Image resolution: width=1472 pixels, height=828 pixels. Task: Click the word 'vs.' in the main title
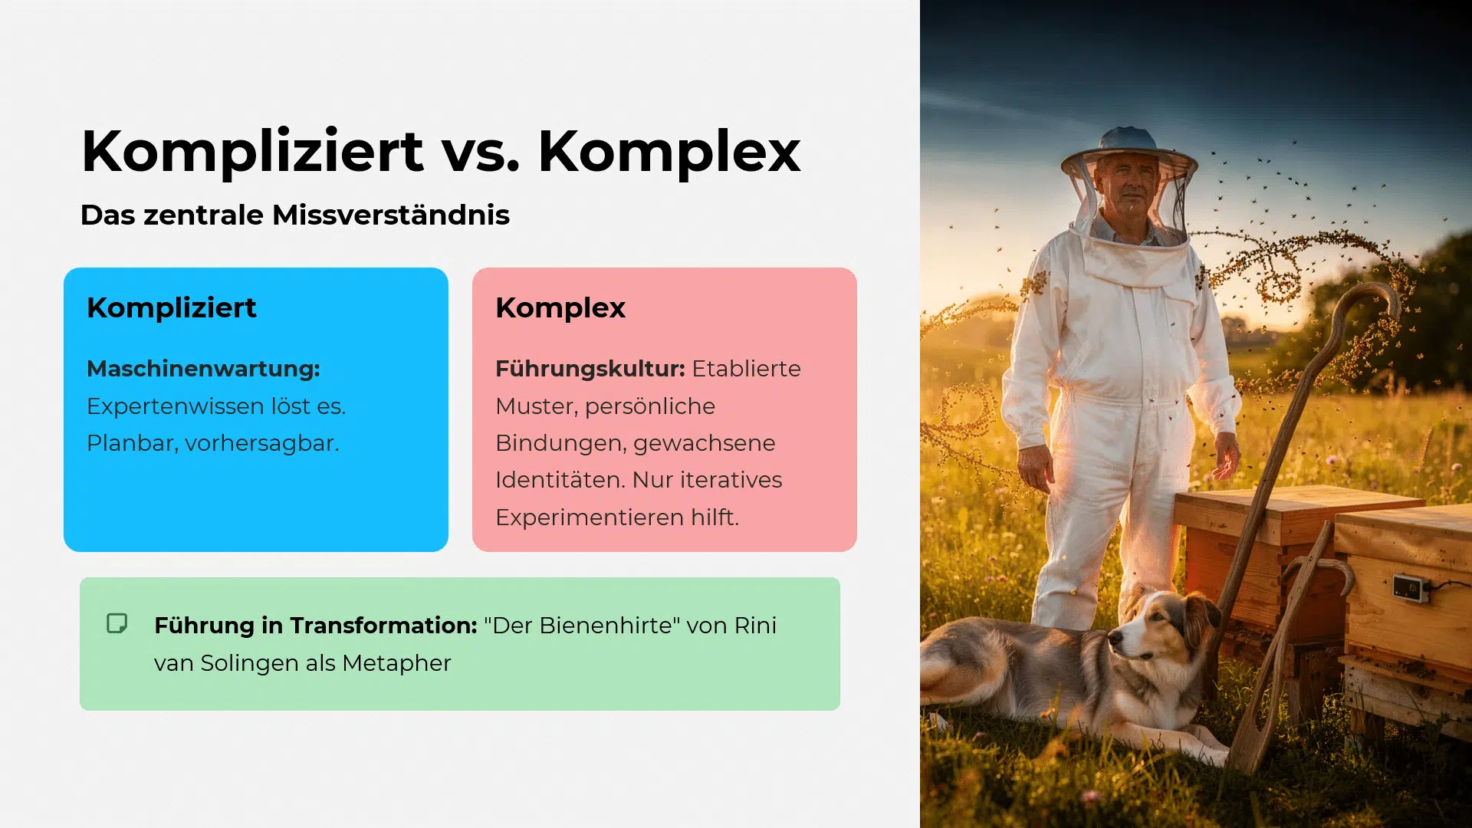click(481, 152)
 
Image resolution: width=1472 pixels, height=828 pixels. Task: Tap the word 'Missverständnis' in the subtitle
click(390, 215)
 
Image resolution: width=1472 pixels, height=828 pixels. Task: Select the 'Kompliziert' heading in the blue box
click(172, 307)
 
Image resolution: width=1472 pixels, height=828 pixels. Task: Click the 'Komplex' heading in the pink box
click(560, 307)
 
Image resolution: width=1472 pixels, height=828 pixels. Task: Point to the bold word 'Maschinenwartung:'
click(203, 369)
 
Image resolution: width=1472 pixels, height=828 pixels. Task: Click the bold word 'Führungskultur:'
click(590, 369)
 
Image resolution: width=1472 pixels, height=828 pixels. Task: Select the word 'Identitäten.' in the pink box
click(560, 480)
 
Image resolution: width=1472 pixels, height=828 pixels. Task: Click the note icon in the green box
click(117, 623)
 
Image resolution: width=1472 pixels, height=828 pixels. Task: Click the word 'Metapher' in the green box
click(396, 663)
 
